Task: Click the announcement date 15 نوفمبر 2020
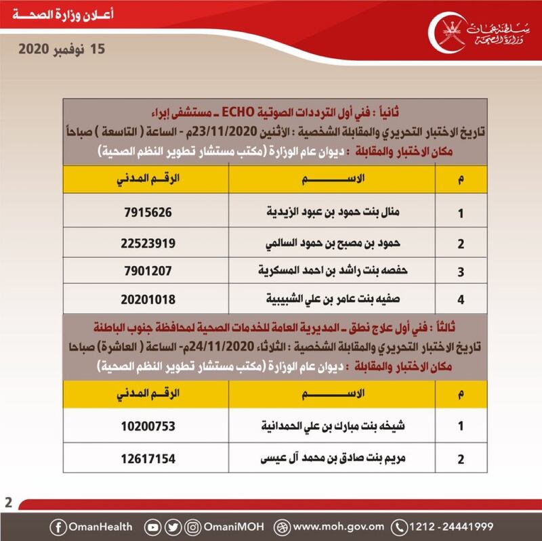point(64,49)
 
